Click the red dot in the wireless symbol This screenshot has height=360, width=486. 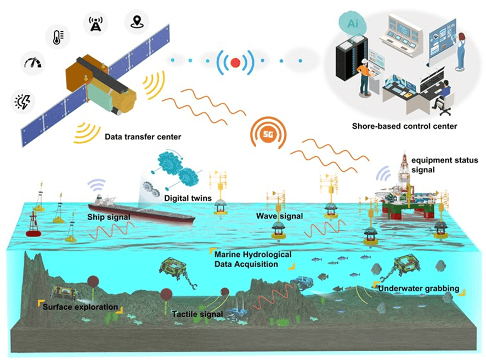235,63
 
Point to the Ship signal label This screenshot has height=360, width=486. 109,217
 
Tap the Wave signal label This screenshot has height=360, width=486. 279,217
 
